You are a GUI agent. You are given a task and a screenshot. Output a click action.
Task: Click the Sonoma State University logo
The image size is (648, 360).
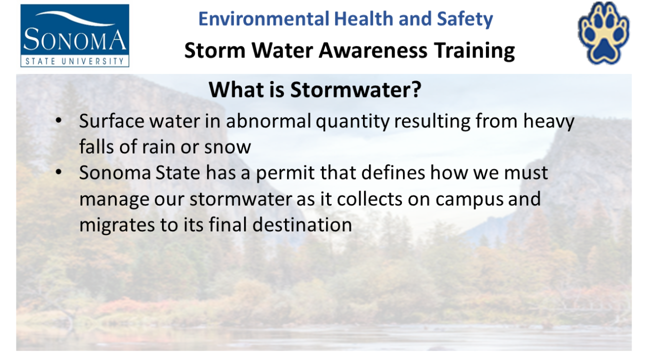coord(74,35)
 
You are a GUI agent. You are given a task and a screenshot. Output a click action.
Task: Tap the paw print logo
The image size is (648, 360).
coord(603,33)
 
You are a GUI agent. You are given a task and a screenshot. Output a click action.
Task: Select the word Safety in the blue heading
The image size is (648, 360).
coord(465,19)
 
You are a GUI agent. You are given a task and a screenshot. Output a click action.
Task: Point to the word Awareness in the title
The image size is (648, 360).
coord(373,50)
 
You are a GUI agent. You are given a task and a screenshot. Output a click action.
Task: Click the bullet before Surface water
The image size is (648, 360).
coord(58,120)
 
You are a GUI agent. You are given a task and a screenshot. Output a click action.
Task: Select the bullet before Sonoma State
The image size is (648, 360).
coord(58,172)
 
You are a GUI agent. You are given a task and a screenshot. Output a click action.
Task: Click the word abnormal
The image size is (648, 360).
coord(268,120)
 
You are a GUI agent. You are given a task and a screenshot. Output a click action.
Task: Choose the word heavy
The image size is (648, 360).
coord(549,122)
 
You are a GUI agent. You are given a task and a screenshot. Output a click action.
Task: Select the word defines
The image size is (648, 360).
coord(393,172)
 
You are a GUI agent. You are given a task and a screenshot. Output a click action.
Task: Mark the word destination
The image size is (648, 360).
coord(302,224)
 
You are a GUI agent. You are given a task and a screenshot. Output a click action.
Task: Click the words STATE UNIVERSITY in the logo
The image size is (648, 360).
coord(74,61)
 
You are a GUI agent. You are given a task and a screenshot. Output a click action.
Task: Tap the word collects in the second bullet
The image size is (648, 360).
coord(369,198)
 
